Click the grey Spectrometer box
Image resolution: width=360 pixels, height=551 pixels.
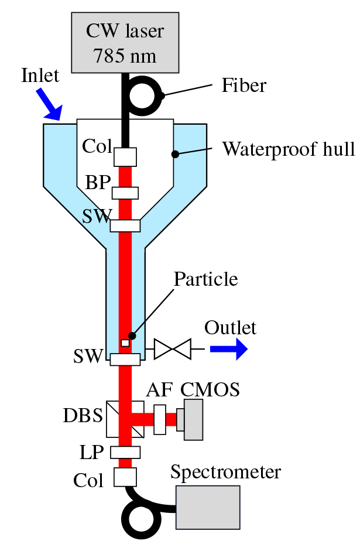tap(208, 507)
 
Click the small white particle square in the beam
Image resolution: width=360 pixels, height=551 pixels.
tap(125, 343)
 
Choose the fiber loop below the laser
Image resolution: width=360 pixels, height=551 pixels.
tap(146, 93)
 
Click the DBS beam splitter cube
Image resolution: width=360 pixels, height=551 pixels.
tap(125, 419)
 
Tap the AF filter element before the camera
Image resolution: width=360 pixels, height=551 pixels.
tap(160, 419)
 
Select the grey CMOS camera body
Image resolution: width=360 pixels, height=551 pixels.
tap(193, 419)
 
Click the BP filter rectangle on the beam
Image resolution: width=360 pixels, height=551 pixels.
tap(125, 192)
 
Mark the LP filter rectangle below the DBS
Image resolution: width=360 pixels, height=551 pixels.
tap(125, 452)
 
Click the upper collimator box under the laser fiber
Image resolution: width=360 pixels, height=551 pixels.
tap(125, 156)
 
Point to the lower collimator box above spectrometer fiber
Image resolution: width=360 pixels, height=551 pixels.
tap(125, 477)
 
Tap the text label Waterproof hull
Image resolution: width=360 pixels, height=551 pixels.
tap(289, 149)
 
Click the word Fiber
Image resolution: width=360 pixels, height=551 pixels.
tap(244, 86)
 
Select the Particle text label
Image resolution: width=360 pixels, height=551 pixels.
tap(206, 279)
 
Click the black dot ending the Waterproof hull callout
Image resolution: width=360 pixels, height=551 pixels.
tap(174, 155)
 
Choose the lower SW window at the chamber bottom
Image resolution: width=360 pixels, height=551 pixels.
tap(125, 360)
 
